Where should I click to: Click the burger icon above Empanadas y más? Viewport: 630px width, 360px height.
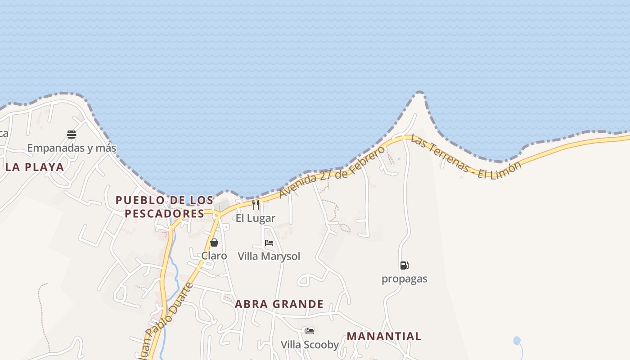pyautogui.click(x=72, y=134)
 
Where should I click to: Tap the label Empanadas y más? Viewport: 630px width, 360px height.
pyautogui.click(x=72, y=148)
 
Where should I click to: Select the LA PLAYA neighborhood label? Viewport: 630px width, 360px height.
pyautogui.click(x=35, y=167)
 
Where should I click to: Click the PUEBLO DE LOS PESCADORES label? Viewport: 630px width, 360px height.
pyautogui.click(x=164, y=207)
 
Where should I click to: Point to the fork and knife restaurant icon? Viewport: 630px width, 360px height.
pyautogui.click(x=256, y=205)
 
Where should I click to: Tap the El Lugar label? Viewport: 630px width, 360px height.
pyautogui.click(x=256, y=218)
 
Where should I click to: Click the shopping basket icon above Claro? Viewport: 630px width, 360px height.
pyautogui.click(x=214, y=243)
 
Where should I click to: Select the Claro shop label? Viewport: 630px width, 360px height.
pyautogui.click(x=214, y=256)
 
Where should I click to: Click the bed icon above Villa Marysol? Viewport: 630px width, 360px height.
pyautogui.click(x=269, y=243)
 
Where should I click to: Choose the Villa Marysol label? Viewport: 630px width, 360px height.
pyautogui.click(x=269, y=256)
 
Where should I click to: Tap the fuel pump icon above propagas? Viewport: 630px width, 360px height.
pyautogui.click(x=404, y=265)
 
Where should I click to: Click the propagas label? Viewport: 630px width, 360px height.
pyautogui.click(x=404, y=279)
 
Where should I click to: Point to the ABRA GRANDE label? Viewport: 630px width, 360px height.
pyautogui.click(x=279, y=304)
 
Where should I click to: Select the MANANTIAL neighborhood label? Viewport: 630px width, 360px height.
pyautogui.click(x=384, y=336)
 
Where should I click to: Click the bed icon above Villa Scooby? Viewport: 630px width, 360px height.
pyautogui.click(x=310, y=331)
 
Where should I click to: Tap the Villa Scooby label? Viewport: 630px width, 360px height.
pyautogui.click(x=310, y=345)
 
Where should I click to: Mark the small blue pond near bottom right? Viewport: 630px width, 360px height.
pyautogui.click(x=517, y=341)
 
